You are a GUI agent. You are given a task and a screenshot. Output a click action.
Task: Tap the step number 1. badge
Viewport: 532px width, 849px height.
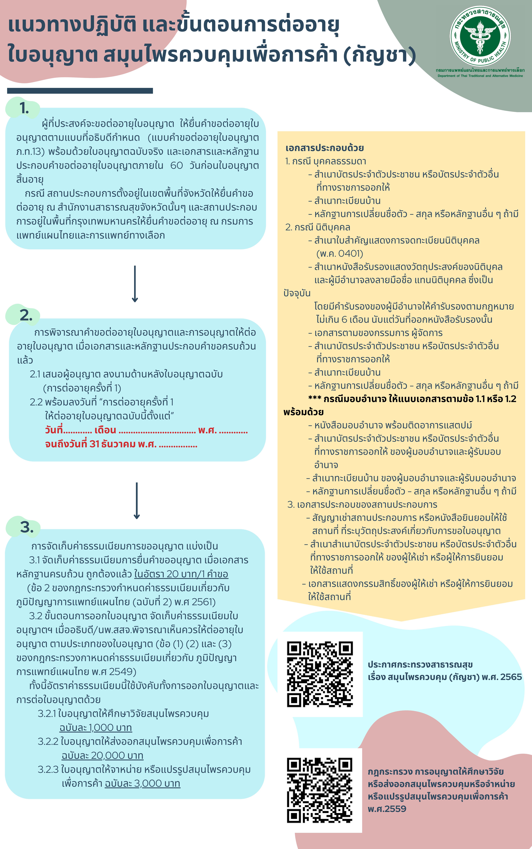pos(24,108)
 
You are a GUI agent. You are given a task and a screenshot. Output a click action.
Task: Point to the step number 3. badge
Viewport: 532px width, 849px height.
pos(26,527)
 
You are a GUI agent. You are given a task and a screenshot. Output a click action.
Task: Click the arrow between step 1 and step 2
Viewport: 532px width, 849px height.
pos(135,284)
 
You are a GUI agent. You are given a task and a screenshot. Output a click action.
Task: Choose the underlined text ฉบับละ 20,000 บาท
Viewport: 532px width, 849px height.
pos(102,755)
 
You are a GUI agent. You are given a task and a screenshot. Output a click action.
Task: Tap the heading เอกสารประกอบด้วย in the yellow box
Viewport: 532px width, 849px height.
pos(324,148)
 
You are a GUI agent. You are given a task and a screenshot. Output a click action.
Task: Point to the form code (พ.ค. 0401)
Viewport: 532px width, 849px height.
pos(340,253)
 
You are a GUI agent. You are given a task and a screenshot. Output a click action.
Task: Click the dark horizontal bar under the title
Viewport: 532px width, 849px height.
pos(80,91)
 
